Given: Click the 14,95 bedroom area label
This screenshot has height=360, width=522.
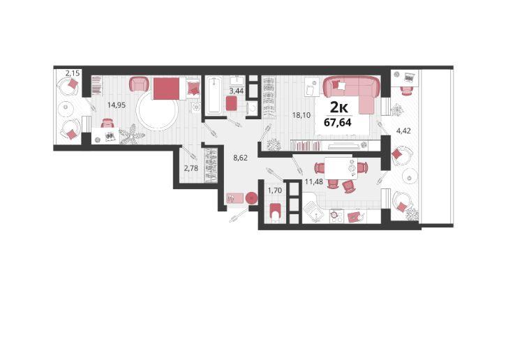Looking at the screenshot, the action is [x=116, y=105].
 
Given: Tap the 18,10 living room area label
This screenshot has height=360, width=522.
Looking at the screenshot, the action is [x=301, y=115].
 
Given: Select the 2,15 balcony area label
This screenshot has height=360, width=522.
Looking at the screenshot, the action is [x=73, y=73].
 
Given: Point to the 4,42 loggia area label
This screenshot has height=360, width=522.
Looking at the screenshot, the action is [x=403, y=130].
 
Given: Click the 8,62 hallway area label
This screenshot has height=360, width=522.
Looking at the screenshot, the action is [x=240, y=158].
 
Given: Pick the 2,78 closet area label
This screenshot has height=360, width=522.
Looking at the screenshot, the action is [x=191, y=168].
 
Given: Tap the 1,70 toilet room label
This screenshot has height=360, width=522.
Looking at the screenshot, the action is [x=275, y=190].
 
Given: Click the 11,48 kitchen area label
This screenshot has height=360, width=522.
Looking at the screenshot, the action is [x=314, y=181].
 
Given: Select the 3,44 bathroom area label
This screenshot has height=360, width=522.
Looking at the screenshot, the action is [x=237, y=90].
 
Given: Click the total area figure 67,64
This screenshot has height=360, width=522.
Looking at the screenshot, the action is [x=338, y=122].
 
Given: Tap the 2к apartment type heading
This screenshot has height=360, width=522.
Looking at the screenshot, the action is [x=339, y=107].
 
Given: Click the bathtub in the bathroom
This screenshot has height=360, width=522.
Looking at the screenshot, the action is [x=214, y=96].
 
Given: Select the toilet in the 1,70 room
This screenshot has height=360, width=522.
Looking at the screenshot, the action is [x=276, y=213].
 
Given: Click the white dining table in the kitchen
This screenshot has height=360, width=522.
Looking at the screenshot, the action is [x=341, y=168].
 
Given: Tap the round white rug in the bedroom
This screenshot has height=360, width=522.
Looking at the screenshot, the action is [x=158, y=110].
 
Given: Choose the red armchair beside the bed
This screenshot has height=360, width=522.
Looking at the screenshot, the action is [x=138, y=84].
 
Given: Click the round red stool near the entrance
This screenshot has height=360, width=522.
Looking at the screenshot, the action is [x=251, y=198].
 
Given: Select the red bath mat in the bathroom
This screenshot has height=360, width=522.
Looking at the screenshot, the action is [x=232, y=103].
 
